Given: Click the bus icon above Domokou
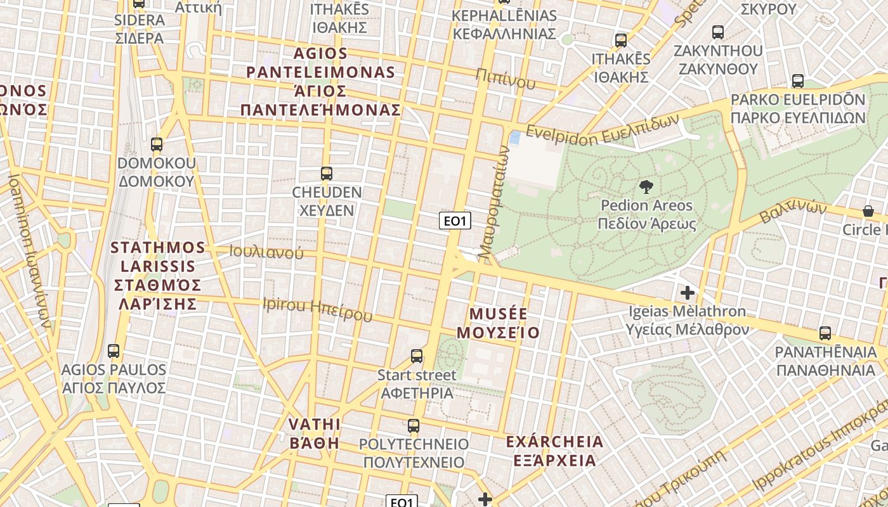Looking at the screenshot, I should pos(157,144).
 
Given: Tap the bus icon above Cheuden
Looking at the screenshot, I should pos(327,173).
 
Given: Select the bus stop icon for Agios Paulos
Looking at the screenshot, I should pos(114,350).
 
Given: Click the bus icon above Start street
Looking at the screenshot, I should pos(417,356).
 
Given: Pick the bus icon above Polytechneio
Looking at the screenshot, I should pos(414,425).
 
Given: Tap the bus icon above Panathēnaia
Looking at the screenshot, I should pos(825,333).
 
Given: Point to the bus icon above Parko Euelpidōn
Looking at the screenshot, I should pos(798,81).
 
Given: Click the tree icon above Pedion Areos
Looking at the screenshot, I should pos(646,186).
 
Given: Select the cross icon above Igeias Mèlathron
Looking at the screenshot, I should pos(687,293).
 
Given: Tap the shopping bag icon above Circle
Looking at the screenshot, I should pos(868,211).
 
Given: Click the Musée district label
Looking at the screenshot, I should pos(498,323).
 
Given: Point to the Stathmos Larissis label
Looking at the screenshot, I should pos(158,276).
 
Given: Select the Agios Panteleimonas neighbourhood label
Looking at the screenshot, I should pos(320,82).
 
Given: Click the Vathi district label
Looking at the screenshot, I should pos(315,433).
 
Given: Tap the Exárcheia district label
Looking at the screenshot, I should pos(555,451).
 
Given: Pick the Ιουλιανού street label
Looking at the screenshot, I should pos(266,252).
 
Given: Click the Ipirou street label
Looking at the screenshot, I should pos(317,309).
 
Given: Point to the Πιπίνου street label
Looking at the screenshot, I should pos(506,79).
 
